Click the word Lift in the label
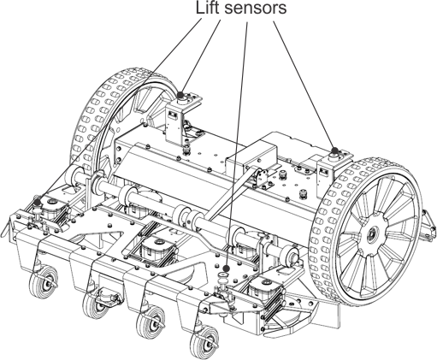tap(208, 8)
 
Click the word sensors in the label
tap(256, 9)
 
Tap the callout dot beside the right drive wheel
tap(335, 150)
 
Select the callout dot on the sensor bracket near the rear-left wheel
tap(180, 94)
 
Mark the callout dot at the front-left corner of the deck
tap(37, 202)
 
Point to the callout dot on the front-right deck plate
tap(227, 269)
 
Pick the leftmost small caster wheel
tap(44, 281)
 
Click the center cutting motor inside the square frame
tap(157, 249)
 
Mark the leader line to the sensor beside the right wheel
tap(304, 85)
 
